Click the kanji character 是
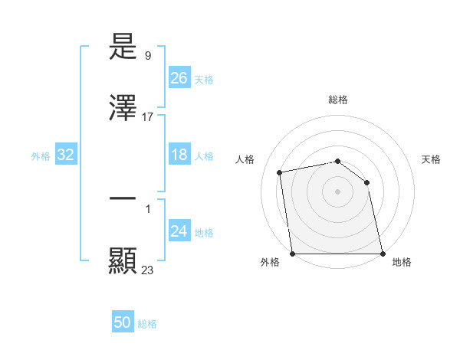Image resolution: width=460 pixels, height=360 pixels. click(x=123, y=47)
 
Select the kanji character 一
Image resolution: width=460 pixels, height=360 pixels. click(x=123, y=198)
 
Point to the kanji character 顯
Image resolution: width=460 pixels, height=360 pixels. click(x=123, y=260)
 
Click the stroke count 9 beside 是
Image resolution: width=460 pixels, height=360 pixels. click(x=147, y=56)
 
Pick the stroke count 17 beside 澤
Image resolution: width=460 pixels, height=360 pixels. click(x=148, y=117)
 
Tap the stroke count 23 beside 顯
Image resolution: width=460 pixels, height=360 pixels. click(x=148, y=270)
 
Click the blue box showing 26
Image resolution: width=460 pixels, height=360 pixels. click(x=179, y=78)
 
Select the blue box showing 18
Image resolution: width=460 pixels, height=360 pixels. click(x=179, y=155)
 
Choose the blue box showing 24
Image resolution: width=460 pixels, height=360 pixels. click(x=179, y=231)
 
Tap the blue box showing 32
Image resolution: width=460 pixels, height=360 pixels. click(x=65, y=155)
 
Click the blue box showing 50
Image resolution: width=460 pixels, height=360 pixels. click(x=123, y=322)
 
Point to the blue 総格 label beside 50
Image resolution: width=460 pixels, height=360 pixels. click(x=147, y=324)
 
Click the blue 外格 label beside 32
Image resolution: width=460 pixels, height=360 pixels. click(x=41, y=156)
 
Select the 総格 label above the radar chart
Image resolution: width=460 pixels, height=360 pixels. click(x=338, y=100)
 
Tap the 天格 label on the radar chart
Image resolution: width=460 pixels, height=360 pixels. click(x=431, y=159)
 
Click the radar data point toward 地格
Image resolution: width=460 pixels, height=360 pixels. click(x=383, y=254)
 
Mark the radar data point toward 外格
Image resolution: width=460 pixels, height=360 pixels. click(x=292, y=254)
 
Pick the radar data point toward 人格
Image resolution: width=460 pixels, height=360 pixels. click(x=280, y=172)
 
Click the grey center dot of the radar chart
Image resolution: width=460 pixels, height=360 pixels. click(x=337, y=191)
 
